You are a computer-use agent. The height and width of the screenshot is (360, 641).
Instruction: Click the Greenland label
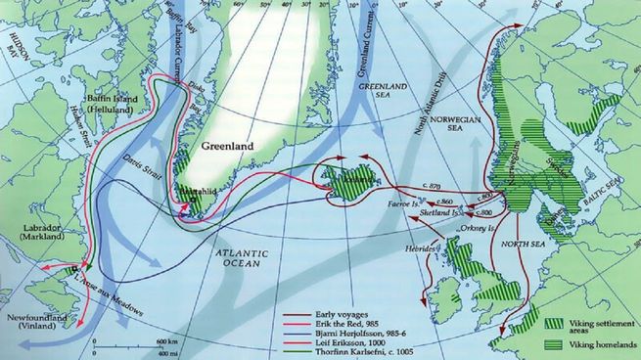tap(227, 147)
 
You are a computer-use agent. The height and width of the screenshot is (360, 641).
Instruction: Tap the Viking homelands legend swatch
tap(554, 343)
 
